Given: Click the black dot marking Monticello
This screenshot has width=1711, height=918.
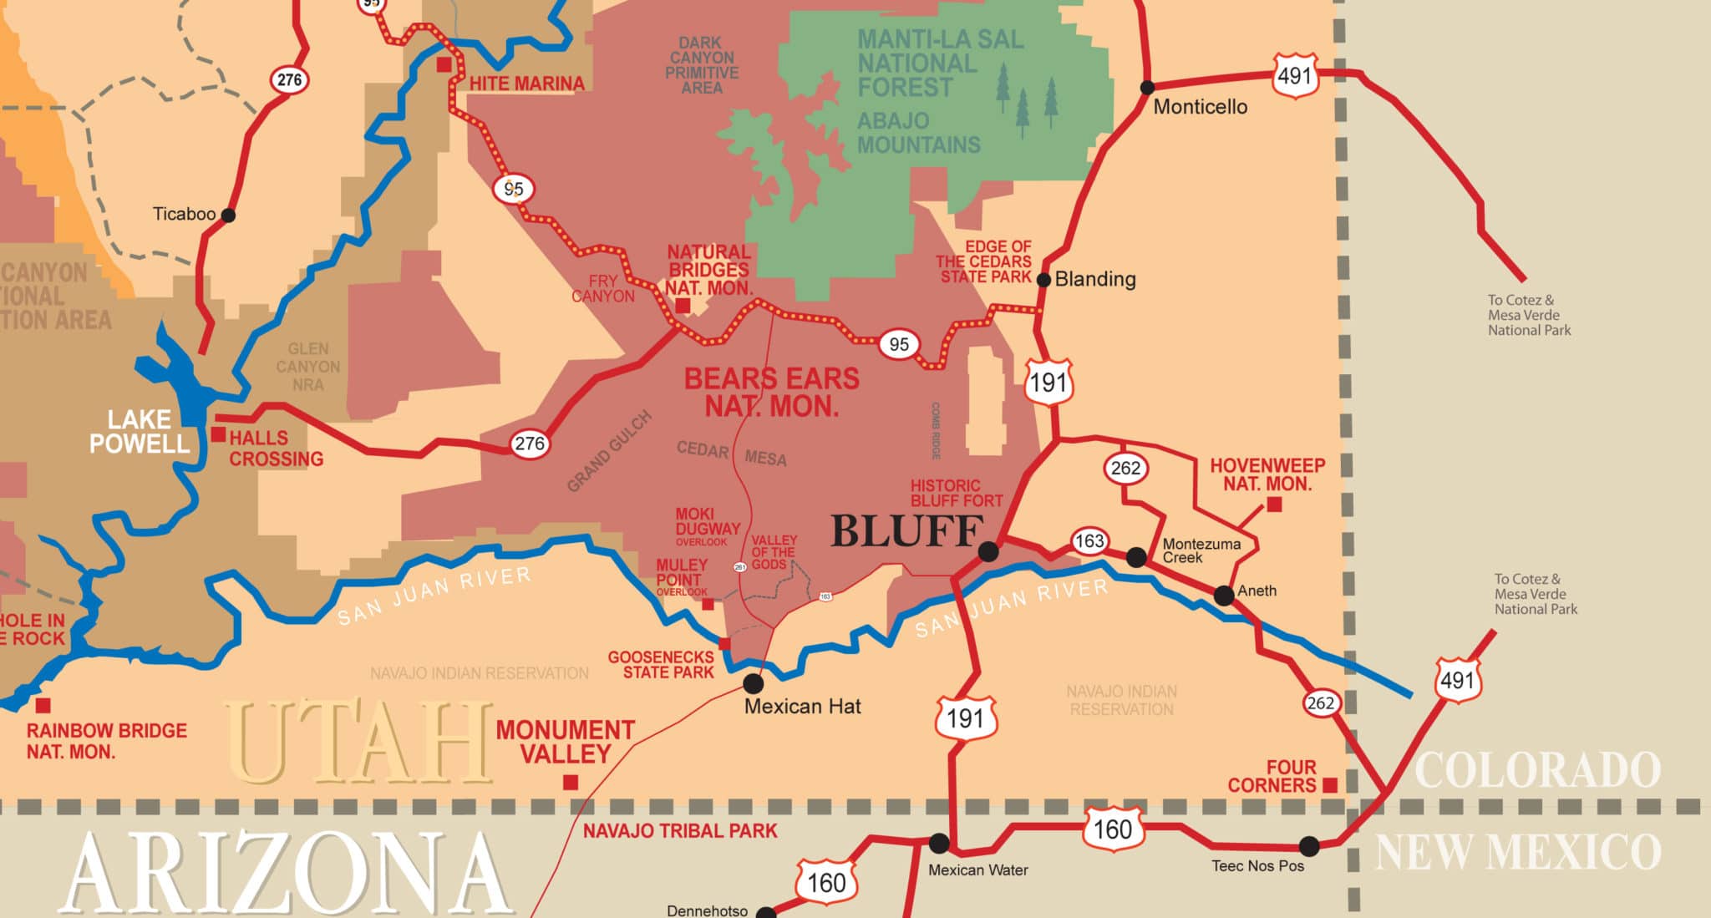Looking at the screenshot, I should (1148, 88).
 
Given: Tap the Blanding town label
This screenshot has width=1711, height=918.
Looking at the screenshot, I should (1095, 279).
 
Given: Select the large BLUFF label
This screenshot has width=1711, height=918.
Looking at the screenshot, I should (906, 531).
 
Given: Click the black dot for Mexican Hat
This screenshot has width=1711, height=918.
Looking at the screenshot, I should (753, 683).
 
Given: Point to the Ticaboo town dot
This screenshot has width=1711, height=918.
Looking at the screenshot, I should (227, 216).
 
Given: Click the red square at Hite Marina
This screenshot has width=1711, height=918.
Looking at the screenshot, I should (444, 64).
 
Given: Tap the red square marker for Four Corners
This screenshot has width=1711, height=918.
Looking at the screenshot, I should (1330, 784).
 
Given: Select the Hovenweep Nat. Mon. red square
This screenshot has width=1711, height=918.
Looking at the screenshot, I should (1274, 505).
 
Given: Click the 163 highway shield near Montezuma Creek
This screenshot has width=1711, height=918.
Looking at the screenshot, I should (1089, 541).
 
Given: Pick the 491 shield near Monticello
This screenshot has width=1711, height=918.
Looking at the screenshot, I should (1295, 76).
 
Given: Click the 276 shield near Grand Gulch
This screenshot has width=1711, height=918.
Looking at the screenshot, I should (530, 444).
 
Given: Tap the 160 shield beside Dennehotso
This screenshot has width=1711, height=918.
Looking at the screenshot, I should (825, 883).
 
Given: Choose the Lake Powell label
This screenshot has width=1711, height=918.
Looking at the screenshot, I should (139, 432).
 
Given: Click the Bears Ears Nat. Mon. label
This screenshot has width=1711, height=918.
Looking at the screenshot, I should (771, 393).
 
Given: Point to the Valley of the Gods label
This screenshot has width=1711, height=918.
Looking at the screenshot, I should (774, 552).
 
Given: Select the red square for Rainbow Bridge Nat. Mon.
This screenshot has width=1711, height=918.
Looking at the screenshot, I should (43, 705).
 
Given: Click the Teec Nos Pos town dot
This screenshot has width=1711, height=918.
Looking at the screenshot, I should (1309, 846).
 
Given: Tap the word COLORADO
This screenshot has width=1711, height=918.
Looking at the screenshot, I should (1537, 770).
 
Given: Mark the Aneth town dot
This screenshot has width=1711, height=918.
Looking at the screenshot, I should (1224, 596).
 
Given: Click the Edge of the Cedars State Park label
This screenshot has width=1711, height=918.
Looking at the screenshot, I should (985, 261).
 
